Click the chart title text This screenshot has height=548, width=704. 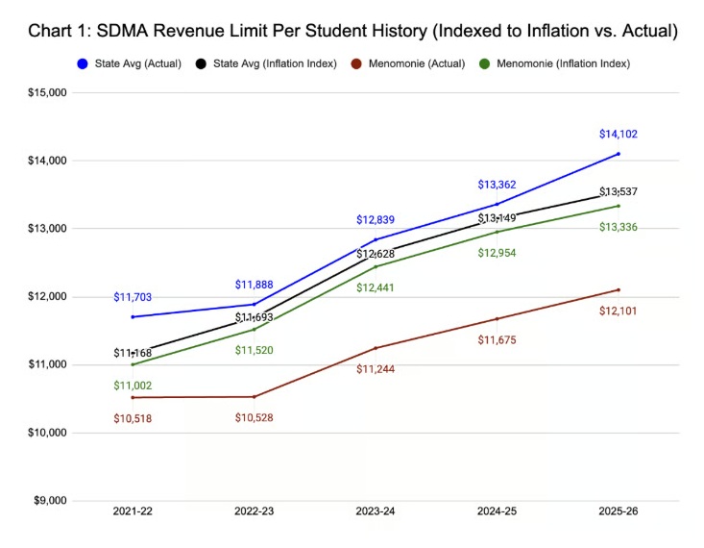352,31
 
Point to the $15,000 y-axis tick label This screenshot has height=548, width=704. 46,93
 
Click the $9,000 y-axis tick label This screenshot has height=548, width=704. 49,501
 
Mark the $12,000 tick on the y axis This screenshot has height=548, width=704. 46,297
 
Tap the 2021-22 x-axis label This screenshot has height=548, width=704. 133,512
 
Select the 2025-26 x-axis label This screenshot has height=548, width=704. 618,512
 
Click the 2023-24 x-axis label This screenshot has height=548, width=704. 376,512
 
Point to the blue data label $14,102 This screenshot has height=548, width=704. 618,135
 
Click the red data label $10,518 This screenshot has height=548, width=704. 133,418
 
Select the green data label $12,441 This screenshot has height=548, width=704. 376,287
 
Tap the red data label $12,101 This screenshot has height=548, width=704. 618,311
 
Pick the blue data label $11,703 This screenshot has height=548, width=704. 133,298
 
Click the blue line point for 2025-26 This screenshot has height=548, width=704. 618,154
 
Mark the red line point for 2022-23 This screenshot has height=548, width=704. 254,396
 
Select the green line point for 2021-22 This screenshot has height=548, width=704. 133,364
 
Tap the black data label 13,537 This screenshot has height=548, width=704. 618,192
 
